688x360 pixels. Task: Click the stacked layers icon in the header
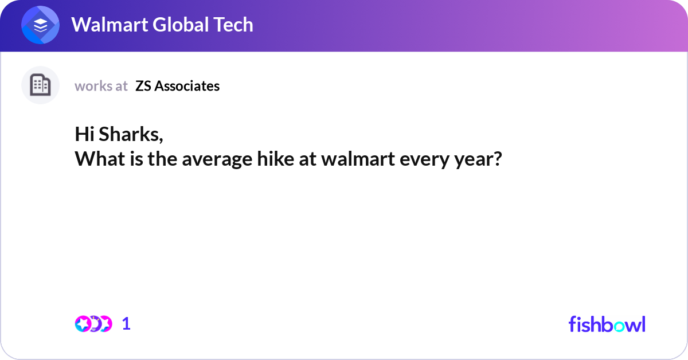coord(40,25)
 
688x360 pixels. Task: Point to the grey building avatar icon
coord(40,85)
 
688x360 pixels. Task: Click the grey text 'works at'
coord(101,86)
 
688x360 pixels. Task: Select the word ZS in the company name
coord(143,86)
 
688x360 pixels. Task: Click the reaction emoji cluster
coord(93,324)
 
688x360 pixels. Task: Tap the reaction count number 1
coord(126,324)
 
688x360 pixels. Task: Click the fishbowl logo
coord(607,324)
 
